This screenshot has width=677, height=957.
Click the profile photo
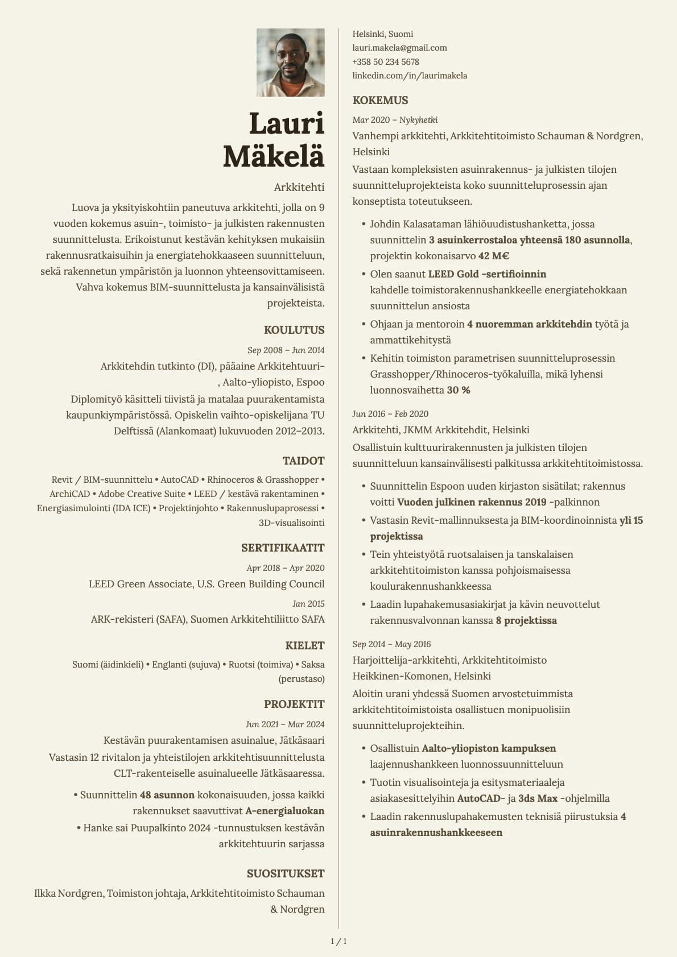coord(290,63)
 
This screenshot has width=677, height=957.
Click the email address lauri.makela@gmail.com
coord(399,48)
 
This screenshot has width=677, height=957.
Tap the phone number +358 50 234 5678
coord(385,62)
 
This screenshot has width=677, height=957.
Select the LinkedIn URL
coord(410,76)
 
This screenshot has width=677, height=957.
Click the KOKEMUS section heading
coord(380,101)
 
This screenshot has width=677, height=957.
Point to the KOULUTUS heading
coord(294,330)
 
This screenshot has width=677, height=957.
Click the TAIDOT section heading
coord(303,461)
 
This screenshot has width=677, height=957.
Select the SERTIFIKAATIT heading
coord(283,548)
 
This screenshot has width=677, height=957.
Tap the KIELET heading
coord(305,646)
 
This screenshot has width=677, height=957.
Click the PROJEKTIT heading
coord(294,705)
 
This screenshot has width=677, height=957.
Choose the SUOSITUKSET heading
coord(286,874)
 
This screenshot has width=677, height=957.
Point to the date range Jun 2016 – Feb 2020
coord(390,414)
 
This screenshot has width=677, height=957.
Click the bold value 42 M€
coord(493,256)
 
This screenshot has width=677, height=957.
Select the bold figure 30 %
coord(459,391)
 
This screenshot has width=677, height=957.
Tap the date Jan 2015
coord(308,604)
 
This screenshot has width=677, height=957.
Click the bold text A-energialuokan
coord(284,811)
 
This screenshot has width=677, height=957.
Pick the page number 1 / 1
coord(338,941)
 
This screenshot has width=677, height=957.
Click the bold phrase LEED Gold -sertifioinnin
coord(487,274)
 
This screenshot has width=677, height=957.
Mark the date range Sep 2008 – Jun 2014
coord(286,350)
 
